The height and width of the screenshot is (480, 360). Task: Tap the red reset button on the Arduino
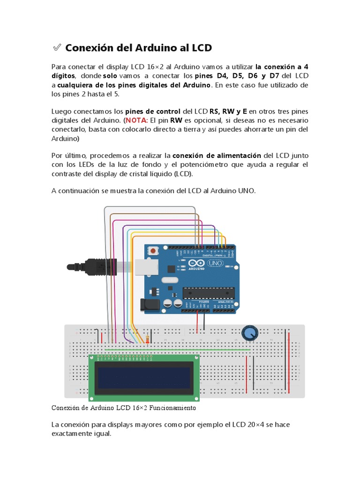tap(153, 251)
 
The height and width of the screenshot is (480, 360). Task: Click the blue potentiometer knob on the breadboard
tap(250, 333)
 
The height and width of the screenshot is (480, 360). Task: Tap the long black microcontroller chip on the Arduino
tap(208, 292)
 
